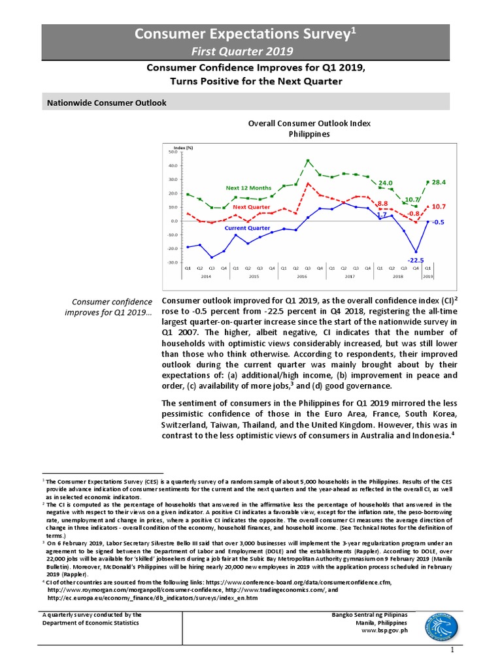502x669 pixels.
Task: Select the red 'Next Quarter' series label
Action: coord(252,207)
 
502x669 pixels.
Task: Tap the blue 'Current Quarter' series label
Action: coord(248,228)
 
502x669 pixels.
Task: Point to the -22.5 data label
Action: coord(416,259)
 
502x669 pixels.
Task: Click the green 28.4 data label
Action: coord(439,182)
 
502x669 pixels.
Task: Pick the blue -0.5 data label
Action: coord(439,221)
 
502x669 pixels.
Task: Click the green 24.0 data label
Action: coord(386,183)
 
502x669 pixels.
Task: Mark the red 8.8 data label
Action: coord(383,203)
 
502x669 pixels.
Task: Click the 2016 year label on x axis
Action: coord(301,277)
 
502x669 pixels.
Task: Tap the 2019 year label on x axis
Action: coord(428,277)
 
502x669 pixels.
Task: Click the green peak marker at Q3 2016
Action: coord(308,161)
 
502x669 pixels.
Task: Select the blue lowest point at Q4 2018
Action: coord(416,252)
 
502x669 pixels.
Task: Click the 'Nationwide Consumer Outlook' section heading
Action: coord(107,103)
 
